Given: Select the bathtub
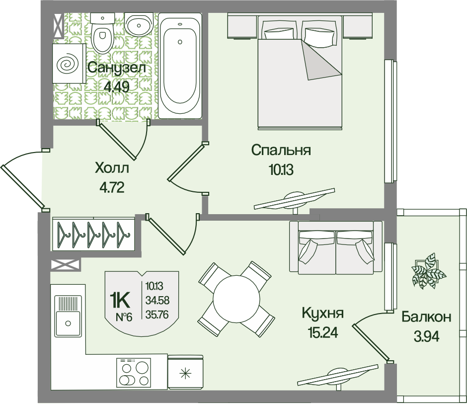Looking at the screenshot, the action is pyautogui.click(x=180, y=66).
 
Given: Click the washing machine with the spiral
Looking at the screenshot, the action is pyautogui.click(x=69, y=63).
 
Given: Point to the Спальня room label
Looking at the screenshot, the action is pyautogui.click(x=281, y=150).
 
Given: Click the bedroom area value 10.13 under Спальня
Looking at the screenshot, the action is pyautogui.click(x=281, y=169).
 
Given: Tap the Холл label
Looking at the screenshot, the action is pyautogui.click(x=112, y=168).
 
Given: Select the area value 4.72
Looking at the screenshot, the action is pyautogui.click(x=112, y=188).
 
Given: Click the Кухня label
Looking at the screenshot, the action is pyautogui.click(x=323, y=313).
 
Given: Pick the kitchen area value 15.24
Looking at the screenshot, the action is pyautogui.click(x=323, y=332).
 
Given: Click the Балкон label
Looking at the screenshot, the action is pyautogui.click(x=426, y=317).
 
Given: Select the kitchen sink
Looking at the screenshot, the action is pyautogui.click(x=68, y=316).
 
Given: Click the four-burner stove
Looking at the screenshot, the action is pyautogui.click(x=134, y=373).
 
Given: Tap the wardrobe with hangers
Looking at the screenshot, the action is pyautogui.click(x=93, y=234).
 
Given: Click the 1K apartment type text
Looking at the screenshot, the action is pyautogui.click(x=120, y=301).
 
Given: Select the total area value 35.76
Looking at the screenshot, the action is pyautogui.click(x=157, y=315).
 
